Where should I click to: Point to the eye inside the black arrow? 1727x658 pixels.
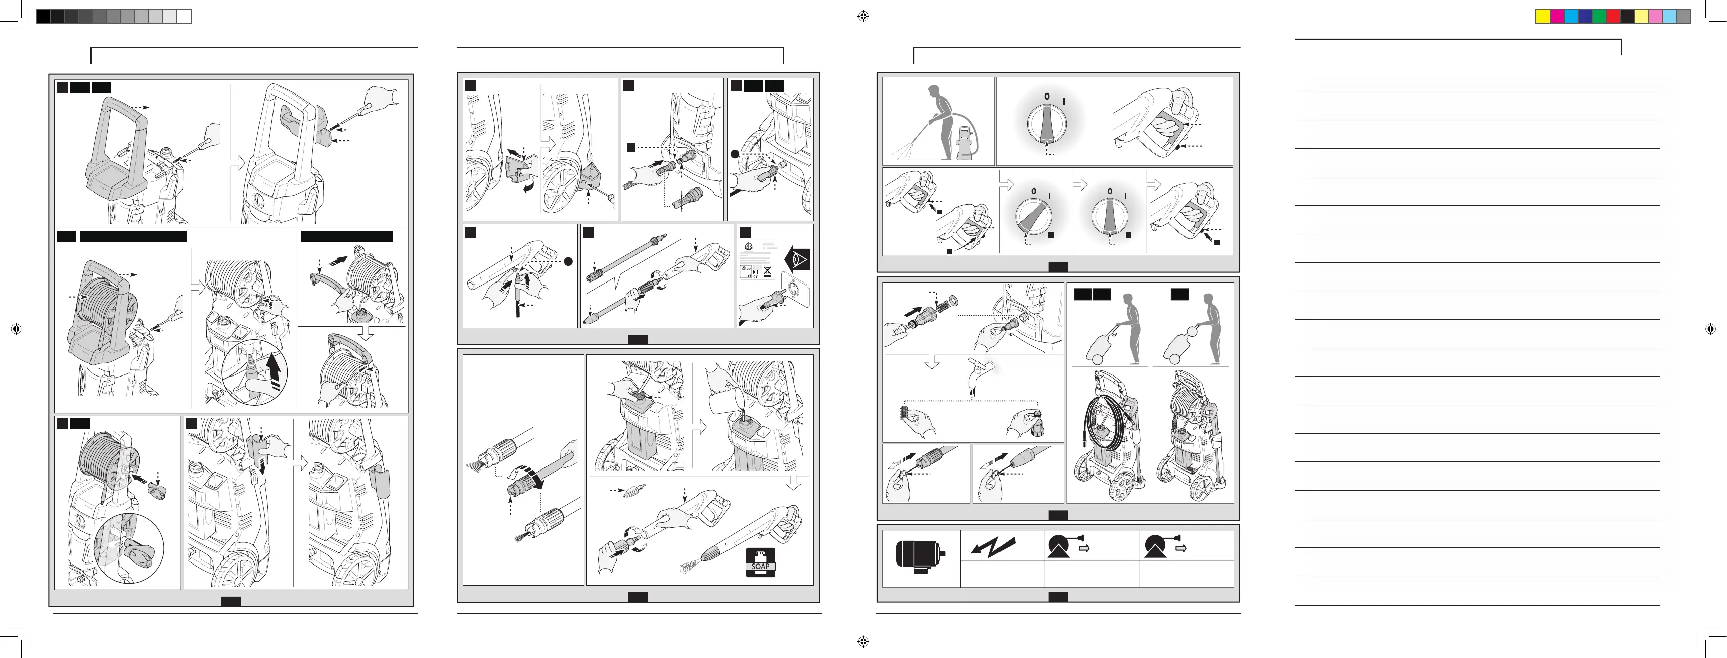tap(798, 259)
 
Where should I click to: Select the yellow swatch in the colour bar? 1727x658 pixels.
tap(1542, 17)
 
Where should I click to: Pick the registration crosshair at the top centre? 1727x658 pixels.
tap(864, 17)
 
